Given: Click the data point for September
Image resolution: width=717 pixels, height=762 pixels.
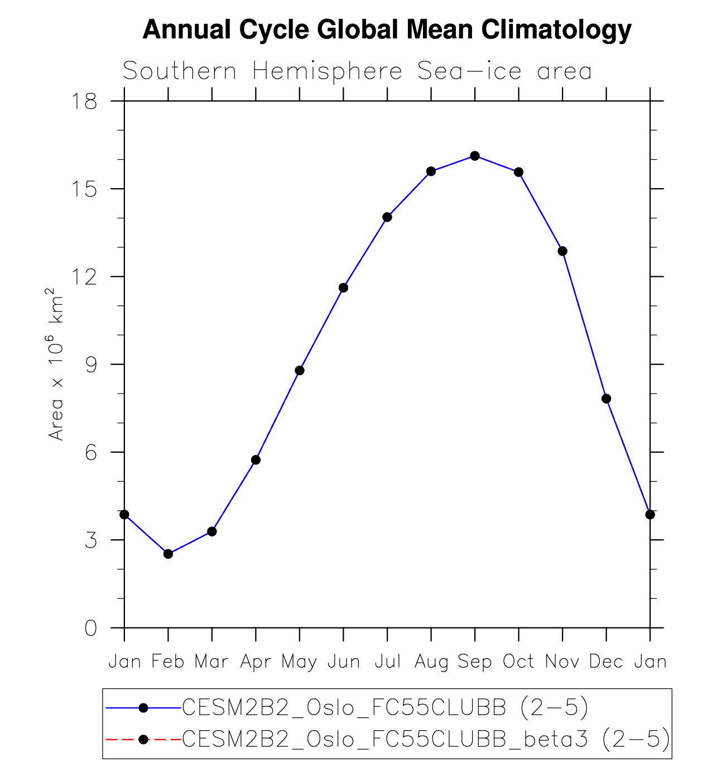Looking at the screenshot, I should click(x=475, y=156).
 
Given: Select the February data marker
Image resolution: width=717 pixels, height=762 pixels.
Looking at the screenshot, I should click(x=168, y=554).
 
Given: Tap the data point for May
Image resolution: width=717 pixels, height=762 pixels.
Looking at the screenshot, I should click(x=300, y=371).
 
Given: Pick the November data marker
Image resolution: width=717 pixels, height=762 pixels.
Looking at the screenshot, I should click(x=562, y=251).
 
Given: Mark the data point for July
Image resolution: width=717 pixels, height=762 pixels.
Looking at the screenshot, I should click(x=387, y=217).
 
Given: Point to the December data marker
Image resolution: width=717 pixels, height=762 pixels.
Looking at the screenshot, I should click(x=607, y=399).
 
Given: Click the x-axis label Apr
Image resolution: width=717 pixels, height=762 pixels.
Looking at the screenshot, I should click(x=256, y=662).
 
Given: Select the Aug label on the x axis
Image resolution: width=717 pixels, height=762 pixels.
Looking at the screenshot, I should click(x=431, y=662).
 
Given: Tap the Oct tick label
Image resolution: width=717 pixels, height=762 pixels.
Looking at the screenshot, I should click(x=519, y=662).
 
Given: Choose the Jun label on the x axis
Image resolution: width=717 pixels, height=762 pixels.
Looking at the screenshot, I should click(x=343, y=662).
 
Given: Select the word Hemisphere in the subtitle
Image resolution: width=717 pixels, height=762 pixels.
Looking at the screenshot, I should click(x=327, y=71).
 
